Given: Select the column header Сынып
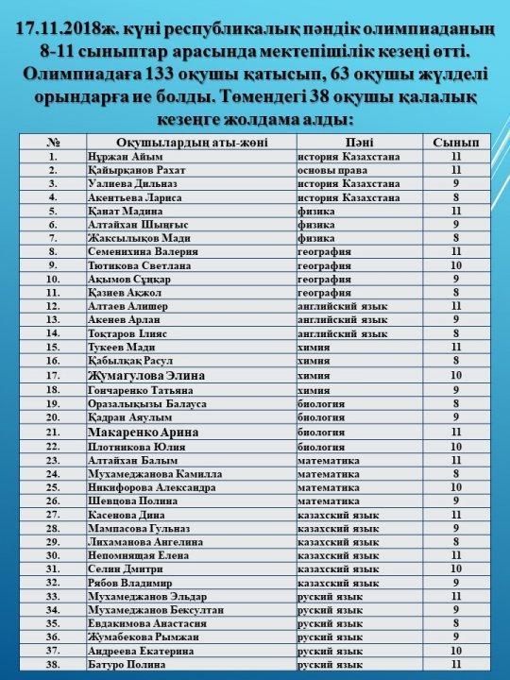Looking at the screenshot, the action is (455, 142).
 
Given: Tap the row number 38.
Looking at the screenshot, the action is (57, 665).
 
